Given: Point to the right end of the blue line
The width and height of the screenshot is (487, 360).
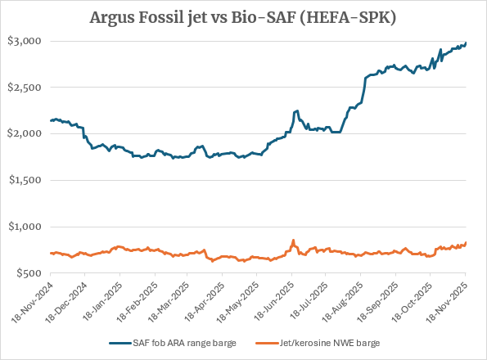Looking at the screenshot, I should [x=467, y=43].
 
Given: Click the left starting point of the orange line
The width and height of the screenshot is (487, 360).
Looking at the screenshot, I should [x=51, y=253].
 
